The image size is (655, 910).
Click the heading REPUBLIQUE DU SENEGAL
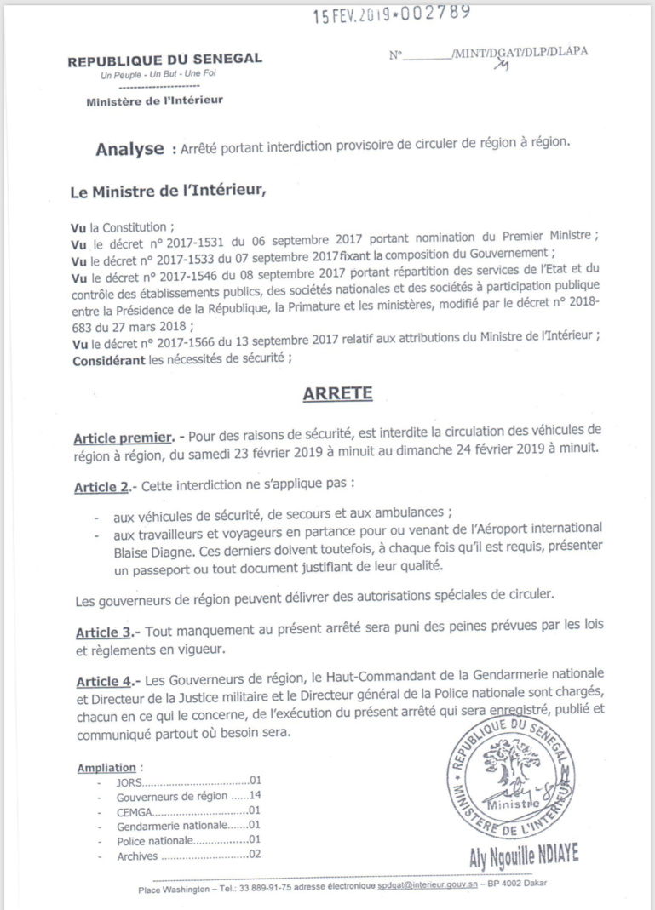point(164,59)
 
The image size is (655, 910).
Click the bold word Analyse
point(129,150)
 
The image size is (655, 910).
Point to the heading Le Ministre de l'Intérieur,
point(169,192)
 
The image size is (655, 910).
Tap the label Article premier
point(122,437)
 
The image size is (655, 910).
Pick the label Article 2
point(102,484)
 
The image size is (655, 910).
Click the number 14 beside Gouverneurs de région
point(253,797)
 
